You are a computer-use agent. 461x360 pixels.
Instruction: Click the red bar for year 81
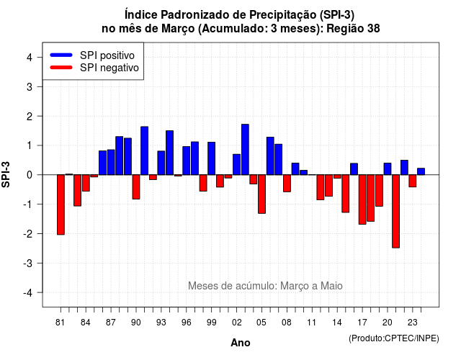(61, 204)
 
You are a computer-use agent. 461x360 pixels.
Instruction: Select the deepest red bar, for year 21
(395, 211)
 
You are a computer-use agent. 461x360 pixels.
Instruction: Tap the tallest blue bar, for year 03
(245, 150)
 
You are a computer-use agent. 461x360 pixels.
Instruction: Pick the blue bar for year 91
(144, 150)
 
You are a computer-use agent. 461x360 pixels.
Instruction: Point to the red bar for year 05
(261, 194)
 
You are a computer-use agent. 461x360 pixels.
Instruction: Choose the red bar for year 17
(362, 199)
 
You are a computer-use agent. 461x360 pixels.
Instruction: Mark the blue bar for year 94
(170, 153)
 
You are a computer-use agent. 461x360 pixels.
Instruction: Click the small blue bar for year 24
(421, 171)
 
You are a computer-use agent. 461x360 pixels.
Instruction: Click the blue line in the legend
(61, 55)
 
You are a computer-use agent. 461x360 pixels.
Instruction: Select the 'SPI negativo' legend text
(109, 68)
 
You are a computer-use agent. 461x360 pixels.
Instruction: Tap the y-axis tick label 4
(30, 58)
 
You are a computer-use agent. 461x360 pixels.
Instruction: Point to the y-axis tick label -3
(27, 264)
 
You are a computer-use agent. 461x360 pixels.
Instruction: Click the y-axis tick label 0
(30, 175)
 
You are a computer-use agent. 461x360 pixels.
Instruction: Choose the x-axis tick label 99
(211, 323)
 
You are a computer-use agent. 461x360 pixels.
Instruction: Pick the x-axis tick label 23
(413, 323)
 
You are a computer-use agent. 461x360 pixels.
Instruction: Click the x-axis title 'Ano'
(241, 343)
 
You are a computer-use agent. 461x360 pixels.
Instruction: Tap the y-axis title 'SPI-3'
(6, 175)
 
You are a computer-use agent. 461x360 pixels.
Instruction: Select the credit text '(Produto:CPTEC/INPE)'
(394, 338)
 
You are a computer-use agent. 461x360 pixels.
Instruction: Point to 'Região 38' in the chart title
(353, 29)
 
